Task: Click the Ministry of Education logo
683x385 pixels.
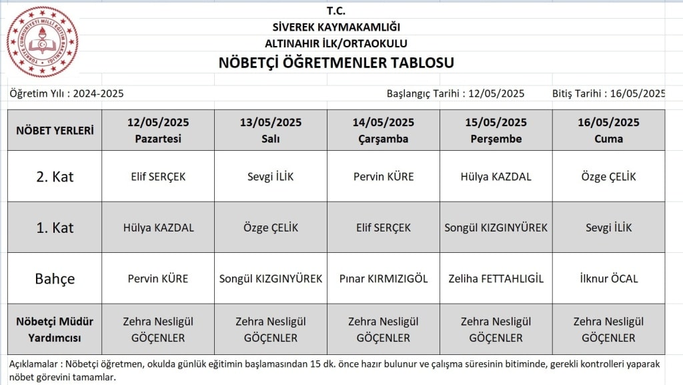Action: point(42,41)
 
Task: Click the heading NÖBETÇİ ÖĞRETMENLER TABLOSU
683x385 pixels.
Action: point(336,63)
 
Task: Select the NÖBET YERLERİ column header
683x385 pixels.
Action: point(55,130)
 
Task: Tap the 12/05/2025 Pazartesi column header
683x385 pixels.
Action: point(158,130)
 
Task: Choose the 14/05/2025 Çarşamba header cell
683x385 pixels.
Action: point(384,130)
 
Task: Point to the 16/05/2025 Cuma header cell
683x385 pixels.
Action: point(608,130)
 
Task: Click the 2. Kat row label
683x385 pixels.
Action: point(55,177)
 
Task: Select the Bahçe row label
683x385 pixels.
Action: point(55,278)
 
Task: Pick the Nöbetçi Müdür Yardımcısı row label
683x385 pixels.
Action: point(55,330)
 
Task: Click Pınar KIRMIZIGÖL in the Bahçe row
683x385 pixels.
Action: point(384,278)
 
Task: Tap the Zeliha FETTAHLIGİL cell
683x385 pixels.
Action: point(496,278)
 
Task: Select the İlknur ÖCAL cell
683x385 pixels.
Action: point(608,278)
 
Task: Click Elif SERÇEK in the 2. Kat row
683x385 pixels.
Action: point(158,177)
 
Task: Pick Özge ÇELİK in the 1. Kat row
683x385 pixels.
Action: point(271,228)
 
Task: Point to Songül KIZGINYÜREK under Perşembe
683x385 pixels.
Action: point(496,228)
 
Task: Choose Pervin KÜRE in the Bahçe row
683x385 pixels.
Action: point(158,278)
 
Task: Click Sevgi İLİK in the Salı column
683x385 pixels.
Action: point(271,177)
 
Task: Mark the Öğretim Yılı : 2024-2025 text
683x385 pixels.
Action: point(67,93)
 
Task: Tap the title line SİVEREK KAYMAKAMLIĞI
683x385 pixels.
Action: point(336,27)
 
